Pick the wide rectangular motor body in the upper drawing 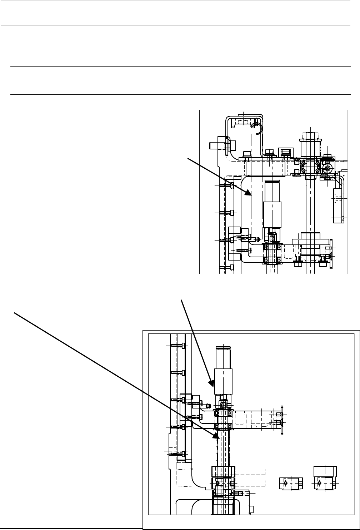[272, 214]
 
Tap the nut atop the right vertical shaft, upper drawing [310, 135]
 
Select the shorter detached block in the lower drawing [290, 483]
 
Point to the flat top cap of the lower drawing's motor [223, 347]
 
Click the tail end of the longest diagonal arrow [14, 313]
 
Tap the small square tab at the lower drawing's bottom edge [251, 509]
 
